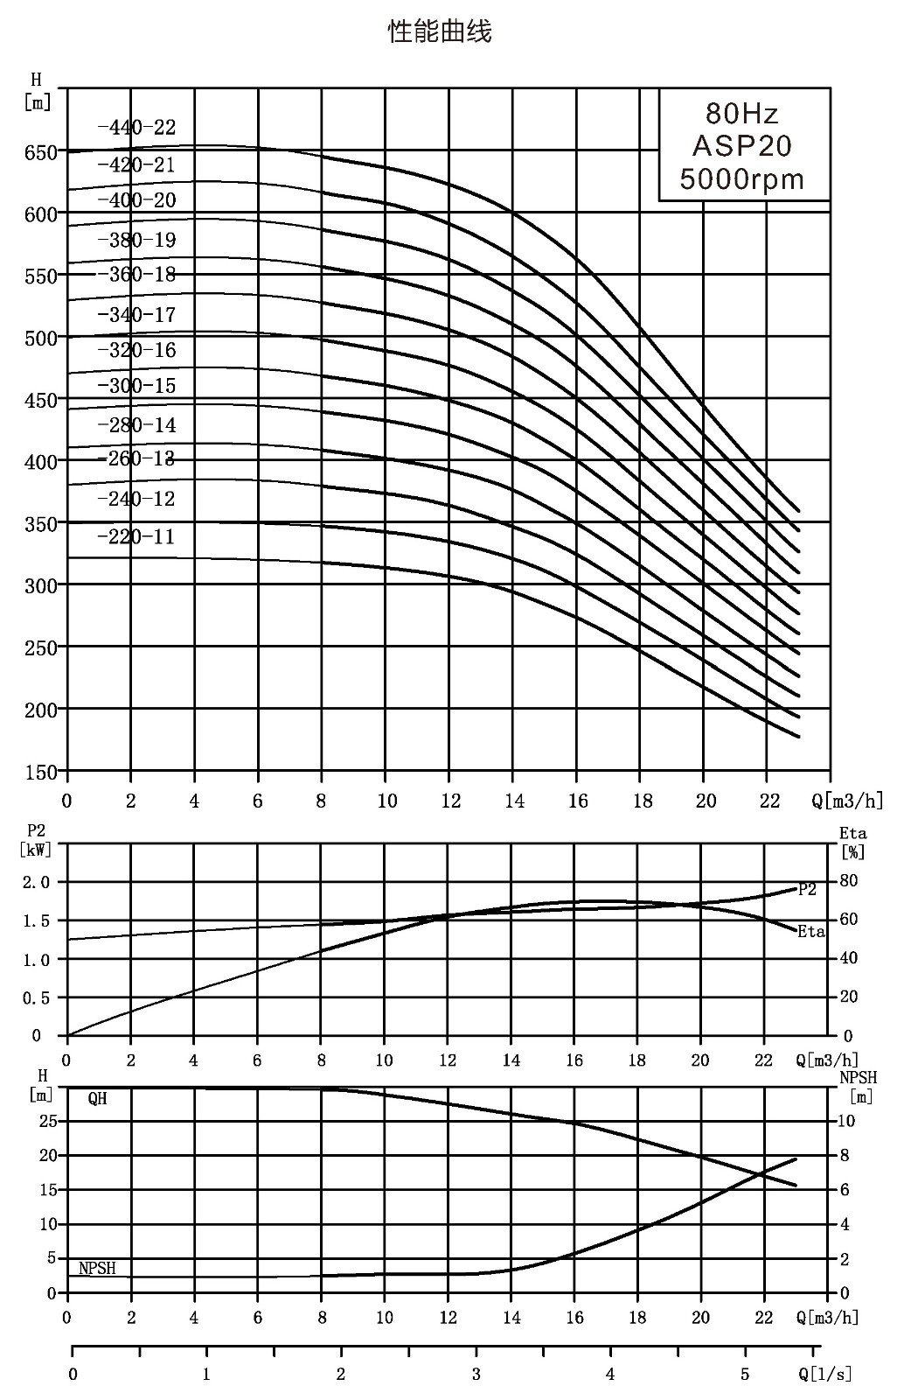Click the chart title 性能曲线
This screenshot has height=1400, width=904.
[x=440, y=31]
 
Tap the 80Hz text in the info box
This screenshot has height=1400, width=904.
[x=741, y=114]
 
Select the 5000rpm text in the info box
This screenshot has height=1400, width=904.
[x=741, y=179]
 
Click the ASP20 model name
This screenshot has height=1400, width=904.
[x=741, y=146]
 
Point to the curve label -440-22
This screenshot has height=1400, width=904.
[x=136, y=128]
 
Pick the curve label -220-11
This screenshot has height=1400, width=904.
[x=136, y=537]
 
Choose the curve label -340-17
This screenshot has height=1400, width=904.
[x=136, y=314]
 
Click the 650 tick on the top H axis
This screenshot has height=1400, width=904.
[x=40, y=152]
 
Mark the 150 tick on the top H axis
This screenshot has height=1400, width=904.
[x=40, y=773]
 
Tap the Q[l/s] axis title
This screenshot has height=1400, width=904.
[x=824, y=1373]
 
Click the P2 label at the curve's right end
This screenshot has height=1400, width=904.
[x=807, y=889]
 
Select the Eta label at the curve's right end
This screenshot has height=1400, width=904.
[x=811, y=931]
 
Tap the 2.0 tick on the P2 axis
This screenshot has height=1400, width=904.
[x=36, y=883]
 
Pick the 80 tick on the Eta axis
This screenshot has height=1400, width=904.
[x=849, y=880]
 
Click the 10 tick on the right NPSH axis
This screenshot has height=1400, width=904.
[x=846, y=1121]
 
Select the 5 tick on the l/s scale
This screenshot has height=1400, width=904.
[x=745, y=1374]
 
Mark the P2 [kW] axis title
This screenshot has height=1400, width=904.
[x=36, y=840]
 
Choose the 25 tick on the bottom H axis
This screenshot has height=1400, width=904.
[x=48, y=1121]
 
